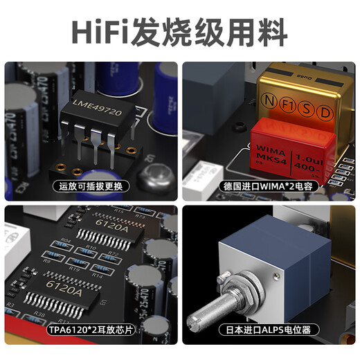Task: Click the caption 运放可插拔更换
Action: (90, 186)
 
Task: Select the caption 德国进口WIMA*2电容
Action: (269, 186)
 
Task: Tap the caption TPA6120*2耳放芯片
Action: (90, 330)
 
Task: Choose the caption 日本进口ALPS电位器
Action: (269, 330)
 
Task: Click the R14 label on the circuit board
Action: (98, 274)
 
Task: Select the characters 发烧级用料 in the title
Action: (217, 32)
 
